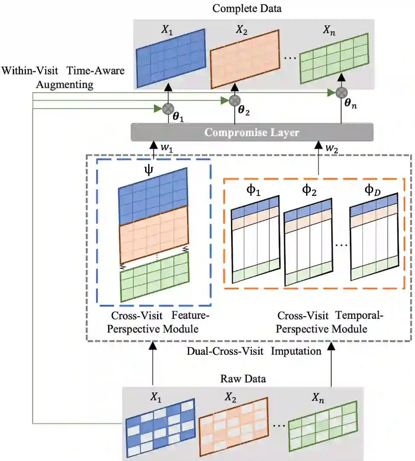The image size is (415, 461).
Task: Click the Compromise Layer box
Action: pos(252,132)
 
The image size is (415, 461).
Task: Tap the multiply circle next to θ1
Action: pos(167,108)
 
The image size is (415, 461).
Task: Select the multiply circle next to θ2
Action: pos(234,100)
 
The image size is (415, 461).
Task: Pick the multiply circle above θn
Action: pos(341,92)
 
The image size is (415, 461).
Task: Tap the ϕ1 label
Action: pos(254,190)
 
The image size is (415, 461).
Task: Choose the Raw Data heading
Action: pos(243,379)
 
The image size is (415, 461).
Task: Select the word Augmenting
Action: pos(64,84)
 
